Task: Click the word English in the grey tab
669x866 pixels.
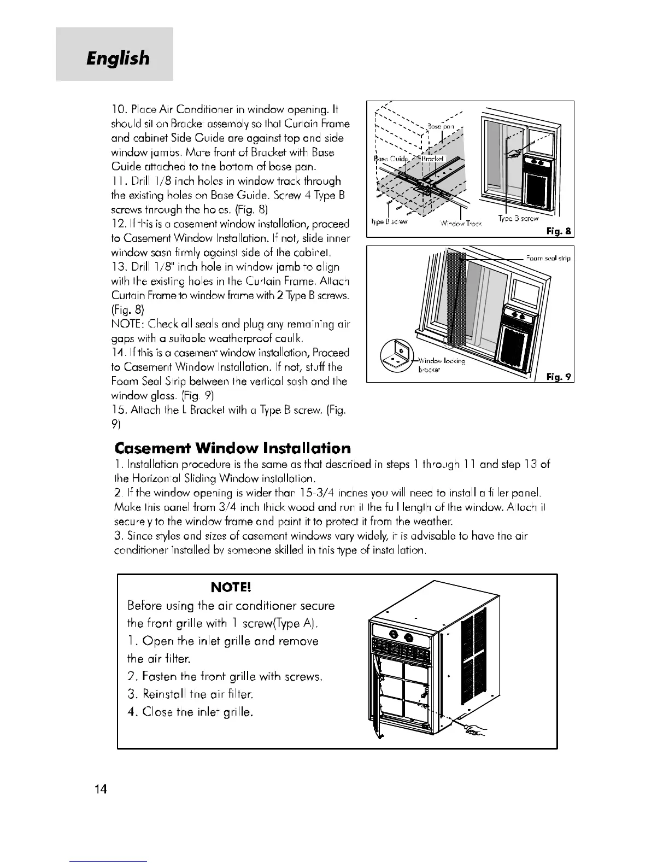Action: click(x=117, y=57)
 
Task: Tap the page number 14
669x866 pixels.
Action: click(x=100, y=789)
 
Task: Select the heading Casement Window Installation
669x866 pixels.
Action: click(x=233, y=448)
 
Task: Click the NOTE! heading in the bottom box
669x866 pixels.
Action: click(x=230, y=587)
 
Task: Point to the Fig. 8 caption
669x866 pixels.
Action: click(x=559, y=231)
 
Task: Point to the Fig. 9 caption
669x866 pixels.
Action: click(x=559, y=376)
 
